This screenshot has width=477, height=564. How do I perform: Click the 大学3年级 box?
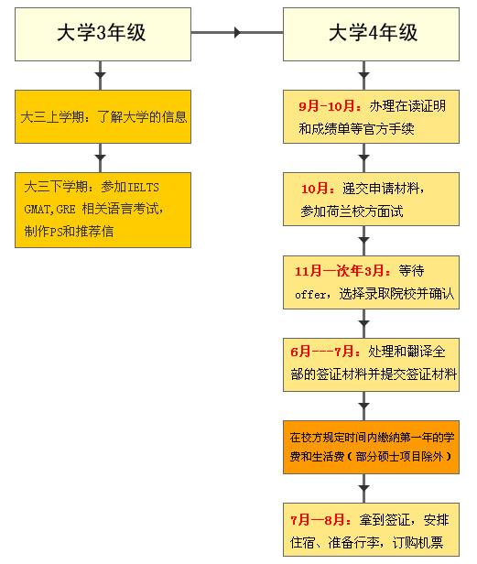tap(101, 34)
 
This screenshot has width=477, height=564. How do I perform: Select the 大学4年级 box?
tap(373, 34)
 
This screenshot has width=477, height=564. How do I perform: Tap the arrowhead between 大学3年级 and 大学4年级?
tap(238, 33)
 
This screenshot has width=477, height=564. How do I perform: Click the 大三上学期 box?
tap(103, 116)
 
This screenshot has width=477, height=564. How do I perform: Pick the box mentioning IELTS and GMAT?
tap(103, 208)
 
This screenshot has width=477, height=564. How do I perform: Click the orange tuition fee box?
tap(372, 446)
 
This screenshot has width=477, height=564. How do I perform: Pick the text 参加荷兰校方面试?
tap(352, 211)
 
